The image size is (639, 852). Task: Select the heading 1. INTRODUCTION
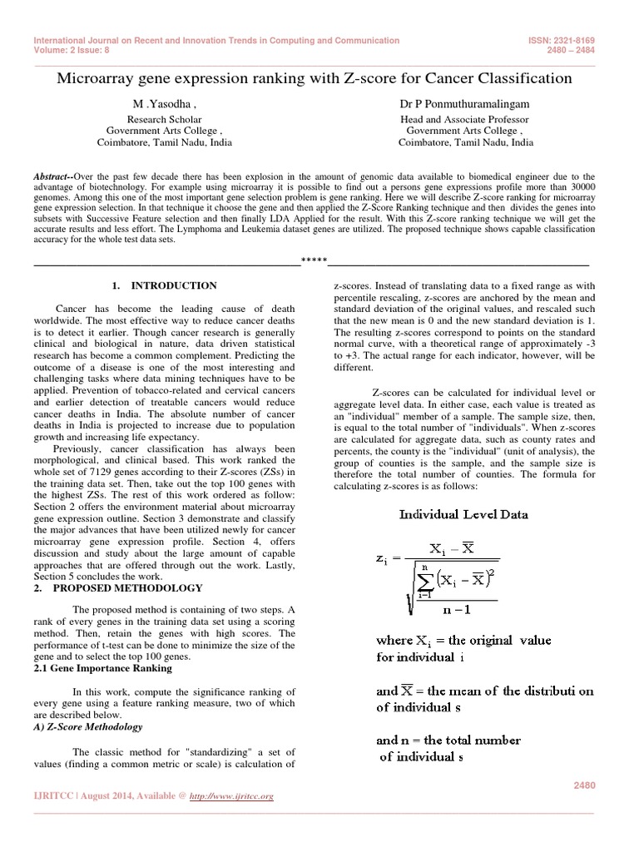pos(164,285)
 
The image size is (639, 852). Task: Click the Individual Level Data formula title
pos(463,514)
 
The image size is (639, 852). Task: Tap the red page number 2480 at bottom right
pos(586,785)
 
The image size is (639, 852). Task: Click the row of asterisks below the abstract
pos(314,264)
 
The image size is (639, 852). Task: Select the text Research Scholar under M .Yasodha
pos(164,120)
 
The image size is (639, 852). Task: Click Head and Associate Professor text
pos(466,120)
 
